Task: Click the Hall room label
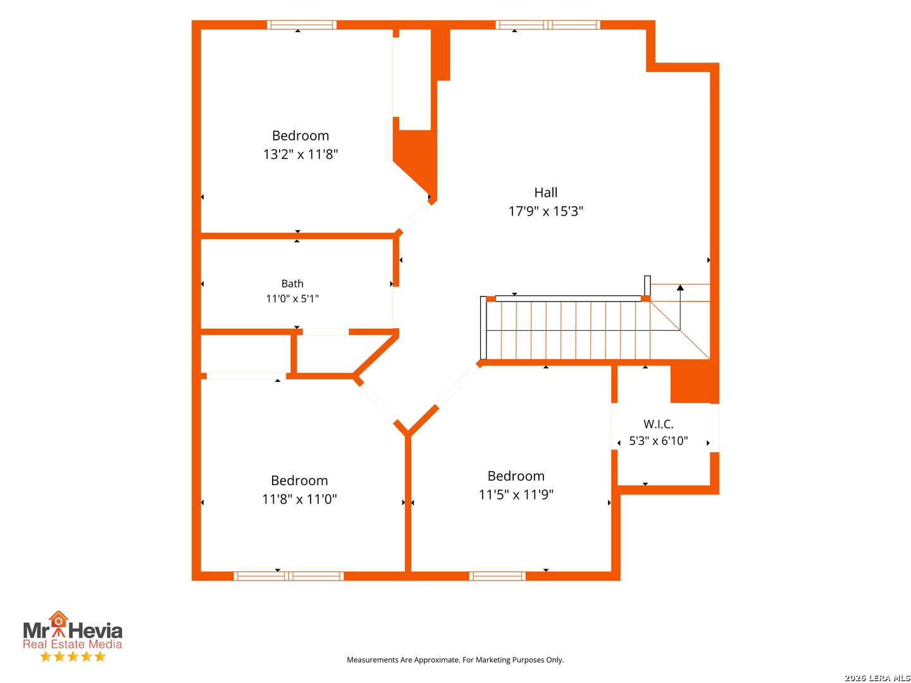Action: (x=545, y=192)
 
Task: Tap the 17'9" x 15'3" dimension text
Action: (x=545, y=211)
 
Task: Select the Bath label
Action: (x=292, y=284)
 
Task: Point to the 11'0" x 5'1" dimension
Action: (x=292, y=298)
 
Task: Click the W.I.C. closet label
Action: (x=658, y=424)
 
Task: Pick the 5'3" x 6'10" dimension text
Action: (x=658, y=440)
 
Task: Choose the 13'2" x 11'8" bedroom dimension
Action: (x=301, y=154)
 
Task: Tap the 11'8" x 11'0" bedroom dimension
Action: (x=299, y=499)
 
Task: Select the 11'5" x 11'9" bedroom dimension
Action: (x=516, y=495)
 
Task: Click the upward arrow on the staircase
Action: (x=679, y=307)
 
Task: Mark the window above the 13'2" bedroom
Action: (x=301, y=25)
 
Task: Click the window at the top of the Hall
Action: (x=547, y=25)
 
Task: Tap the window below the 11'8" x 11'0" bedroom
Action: (x=288, y=575)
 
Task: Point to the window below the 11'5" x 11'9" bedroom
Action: (x=497, y=575)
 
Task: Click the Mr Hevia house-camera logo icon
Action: (x=59, y=624)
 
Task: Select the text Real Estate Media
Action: (x=72, y=644)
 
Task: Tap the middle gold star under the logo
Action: (x=73, y=656)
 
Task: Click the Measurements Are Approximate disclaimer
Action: (x=455, y=660)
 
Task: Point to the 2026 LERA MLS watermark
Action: (x=877, y=677)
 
